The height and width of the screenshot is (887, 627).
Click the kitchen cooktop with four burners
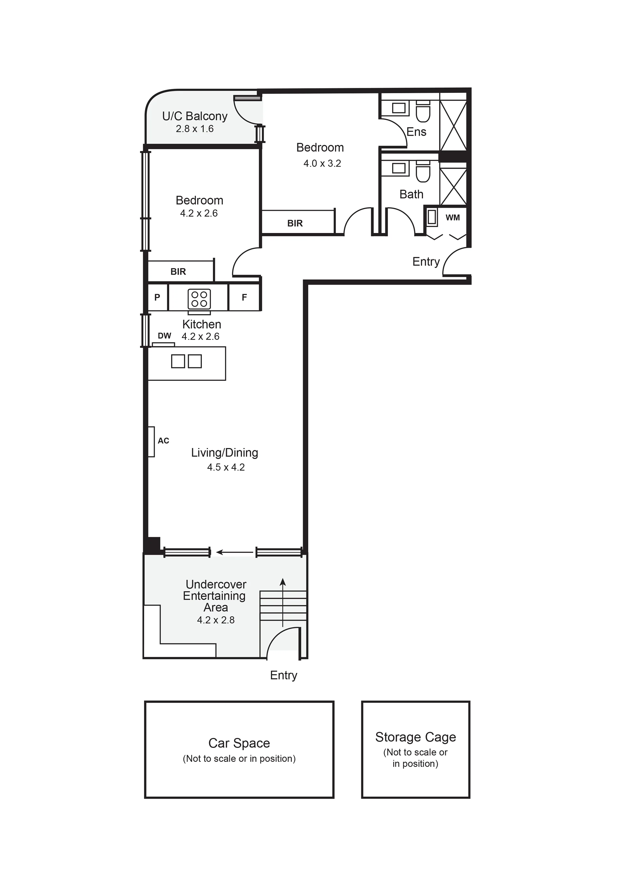tap(199, 299)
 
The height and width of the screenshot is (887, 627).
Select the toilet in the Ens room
tap(423, 111)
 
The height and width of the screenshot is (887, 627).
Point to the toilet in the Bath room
tap(423, 172)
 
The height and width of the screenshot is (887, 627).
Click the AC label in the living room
tap(163, 441)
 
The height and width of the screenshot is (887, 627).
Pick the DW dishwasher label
tap(165, 336)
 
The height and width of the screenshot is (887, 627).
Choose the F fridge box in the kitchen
tap(244, 297)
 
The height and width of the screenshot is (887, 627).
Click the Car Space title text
tap(239, 743)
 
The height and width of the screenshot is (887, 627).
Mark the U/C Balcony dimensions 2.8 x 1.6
tap(195, 129)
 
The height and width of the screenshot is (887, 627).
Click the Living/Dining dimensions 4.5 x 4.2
tap(226, 467)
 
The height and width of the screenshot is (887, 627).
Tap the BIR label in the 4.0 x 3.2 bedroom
tap(295, 223)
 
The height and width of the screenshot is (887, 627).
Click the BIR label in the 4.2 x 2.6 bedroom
tap(178, 272)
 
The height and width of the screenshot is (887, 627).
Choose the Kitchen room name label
tap(201, 324)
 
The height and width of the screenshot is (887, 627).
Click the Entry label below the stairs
tap(284, 675)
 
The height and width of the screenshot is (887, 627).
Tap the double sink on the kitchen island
tap(186, 361)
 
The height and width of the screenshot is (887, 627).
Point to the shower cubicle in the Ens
tap(453, 125)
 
